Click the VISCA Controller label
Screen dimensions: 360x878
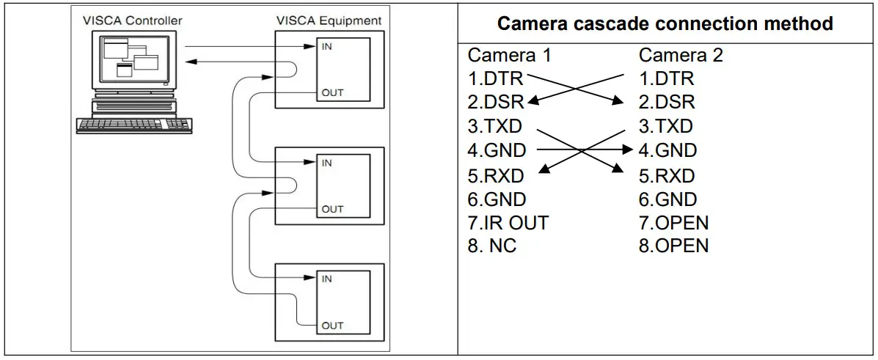[x=131, y=21]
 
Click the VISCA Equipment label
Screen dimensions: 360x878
[x=328, y=21]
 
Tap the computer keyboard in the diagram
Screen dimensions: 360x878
[x=134, y=125]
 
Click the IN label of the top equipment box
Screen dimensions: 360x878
[x=326, y=46]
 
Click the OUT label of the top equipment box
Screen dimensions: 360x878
[x=332, y=93]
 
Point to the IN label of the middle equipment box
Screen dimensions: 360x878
[x=326, y=163]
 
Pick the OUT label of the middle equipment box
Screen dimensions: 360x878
[x=332, y=209]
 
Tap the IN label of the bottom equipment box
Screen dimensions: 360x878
[x=326, y=279]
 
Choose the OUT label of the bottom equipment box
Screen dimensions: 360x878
[x=332, y=325]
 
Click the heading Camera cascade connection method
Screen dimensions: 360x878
[x=665, y=23]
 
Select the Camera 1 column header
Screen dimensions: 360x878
[x=509, y=55]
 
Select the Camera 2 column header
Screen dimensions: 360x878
[x=681, y=55]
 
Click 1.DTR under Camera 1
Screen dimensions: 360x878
[x=496, y=78]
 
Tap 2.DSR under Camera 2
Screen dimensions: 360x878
[x=667, y=103]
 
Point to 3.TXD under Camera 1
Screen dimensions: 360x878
[x=495, y=127]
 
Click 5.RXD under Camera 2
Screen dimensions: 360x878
[x=667, y=175]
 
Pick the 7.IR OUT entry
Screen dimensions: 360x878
[x=508, y=222]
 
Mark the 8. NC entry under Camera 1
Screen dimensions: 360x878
[x=492, y=246]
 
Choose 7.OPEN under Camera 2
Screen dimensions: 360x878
[x=673, y=222]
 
